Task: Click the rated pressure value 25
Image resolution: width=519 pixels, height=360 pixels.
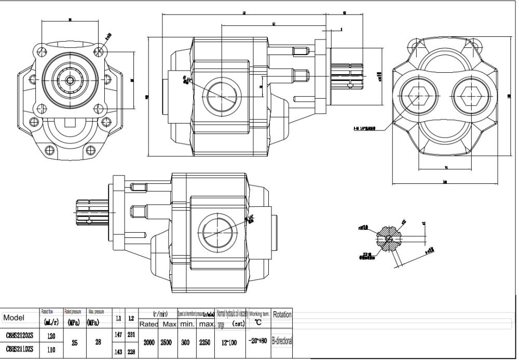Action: point(74,343)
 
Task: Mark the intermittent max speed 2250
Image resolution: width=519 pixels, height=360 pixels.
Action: point(204,343)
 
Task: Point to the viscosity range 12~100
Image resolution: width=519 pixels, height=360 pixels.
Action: point(229,343)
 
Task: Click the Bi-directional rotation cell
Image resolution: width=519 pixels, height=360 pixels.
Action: point(282,341)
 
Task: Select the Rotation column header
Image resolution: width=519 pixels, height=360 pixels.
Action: point(282,315)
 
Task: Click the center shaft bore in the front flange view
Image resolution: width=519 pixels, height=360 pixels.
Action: point(70,79)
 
